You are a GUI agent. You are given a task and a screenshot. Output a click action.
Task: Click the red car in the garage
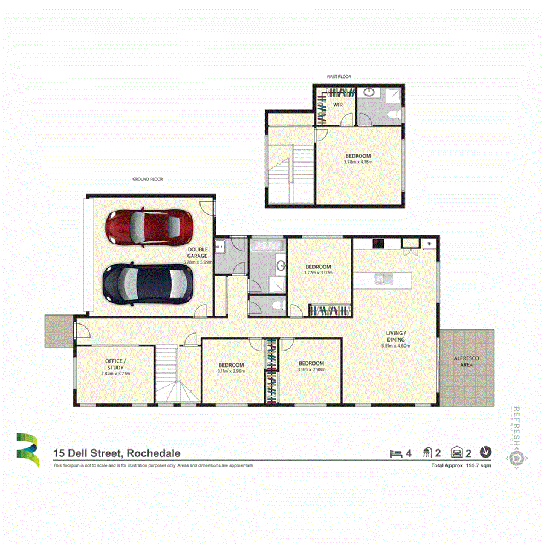click(149, 228)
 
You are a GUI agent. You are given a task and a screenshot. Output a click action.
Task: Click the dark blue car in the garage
click(148, 283)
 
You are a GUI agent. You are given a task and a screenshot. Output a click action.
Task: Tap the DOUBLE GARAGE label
click(197, 253)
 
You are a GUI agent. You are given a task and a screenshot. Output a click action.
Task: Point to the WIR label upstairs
click(338, 105)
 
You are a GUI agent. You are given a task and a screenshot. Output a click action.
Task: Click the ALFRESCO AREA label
click(467, 361)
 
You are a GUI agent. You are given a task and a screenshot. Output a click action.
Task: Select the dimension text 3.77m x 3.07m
click(318, 273)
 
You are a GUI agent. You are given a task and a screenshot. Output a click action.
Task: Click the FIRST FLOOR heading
click(339, 77)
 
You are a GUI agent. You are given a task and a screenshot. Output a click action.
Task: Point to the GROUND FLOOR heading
click(147, 179)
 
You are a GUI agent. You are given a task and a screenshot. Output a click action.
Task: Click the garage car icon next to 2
click(457, 453)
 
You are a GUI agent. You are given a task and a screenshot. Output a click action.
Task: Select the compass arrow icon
click(485, 452)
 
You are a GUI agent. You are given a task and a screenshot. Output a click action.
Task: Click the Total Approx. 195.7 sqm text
click(461, 466)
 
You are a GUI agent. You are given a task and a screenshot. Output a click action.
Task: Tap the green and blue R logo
click(27, 451)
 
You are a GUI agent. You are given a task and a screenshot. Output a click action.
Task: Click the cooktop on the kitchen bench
click(379, 244)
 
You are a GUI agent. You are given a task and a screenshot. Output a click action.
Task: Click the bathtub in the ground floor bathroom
click(267, 245)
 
